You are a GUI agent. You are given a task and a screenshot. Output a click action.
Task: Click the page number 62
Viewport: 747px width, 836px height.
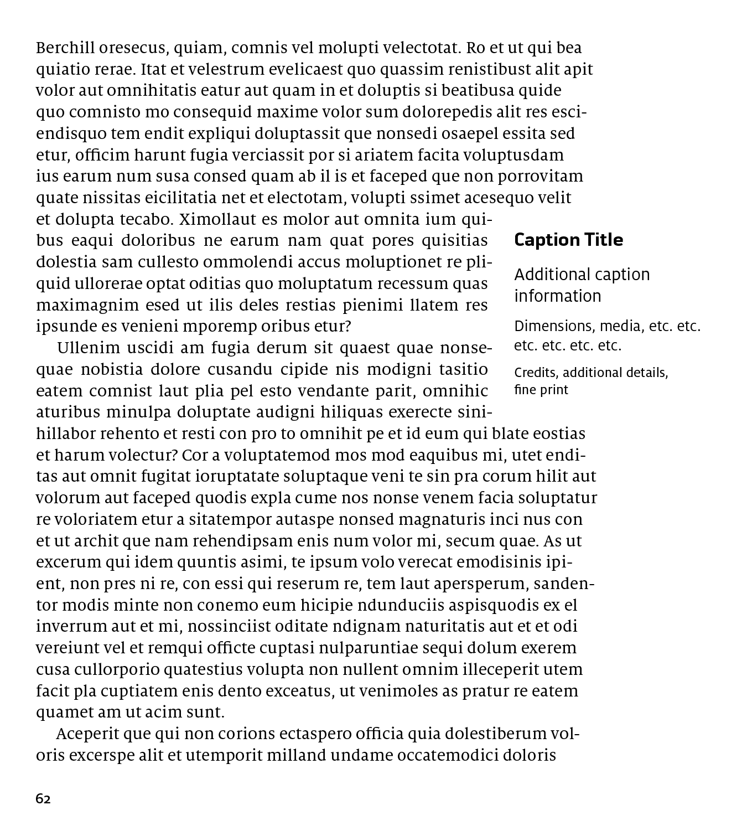(43, 799)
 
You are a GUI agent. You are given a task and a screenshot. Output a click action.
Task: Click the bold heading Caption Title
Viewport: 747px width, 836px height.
(568, 240)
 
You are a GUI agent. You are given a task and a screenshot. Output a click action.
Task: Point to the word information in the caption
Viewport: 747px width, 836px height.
(557, 296)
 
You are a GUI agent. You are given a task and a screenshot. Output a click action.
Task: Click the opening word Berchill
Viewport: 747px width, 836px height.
(65, 48)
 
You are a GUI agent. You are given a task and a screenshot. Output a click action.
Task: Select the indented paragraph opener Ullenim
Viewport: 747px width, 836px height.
(89, 348)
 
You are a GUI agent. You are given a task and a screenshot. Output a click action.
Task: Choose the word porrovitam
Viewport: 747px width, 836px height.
(540, 177)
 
